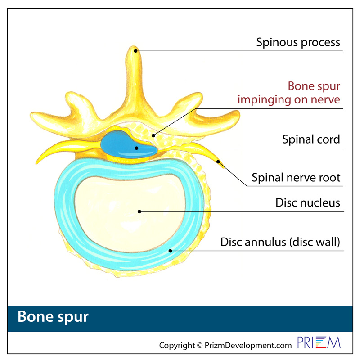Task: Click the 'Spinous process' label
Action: coord(298,42)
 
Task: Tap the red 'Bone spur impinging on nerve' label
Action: coord(289,93)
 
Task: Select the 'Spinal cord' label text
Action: coord(311,139)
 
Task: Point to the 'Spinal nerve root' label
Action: coord(296,178)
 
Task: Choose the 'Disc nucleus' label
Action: coord(308,203)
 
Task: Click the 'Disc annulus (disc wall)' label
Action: coord(280,242)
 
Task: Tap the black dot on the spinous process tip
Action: coord(136,51)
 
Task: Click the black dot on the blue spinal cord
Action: coord(136,148)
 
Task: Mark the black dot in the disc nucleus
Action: coord(139,211)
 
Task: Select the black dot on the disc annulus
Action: coord(171,251)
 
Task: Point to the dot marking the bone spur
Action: coord(153,136)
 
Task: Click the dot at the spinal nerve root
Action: coord(218,162)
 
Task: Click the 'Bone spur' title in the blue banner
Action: coord(53,317)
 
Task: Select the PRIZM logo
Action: coord(319,342)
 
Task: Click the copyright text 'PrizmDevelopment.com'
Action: coord(248,345)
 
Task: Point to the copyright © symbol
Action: coord(200,345)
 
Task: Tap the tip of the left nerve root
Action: coord(36,163)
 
